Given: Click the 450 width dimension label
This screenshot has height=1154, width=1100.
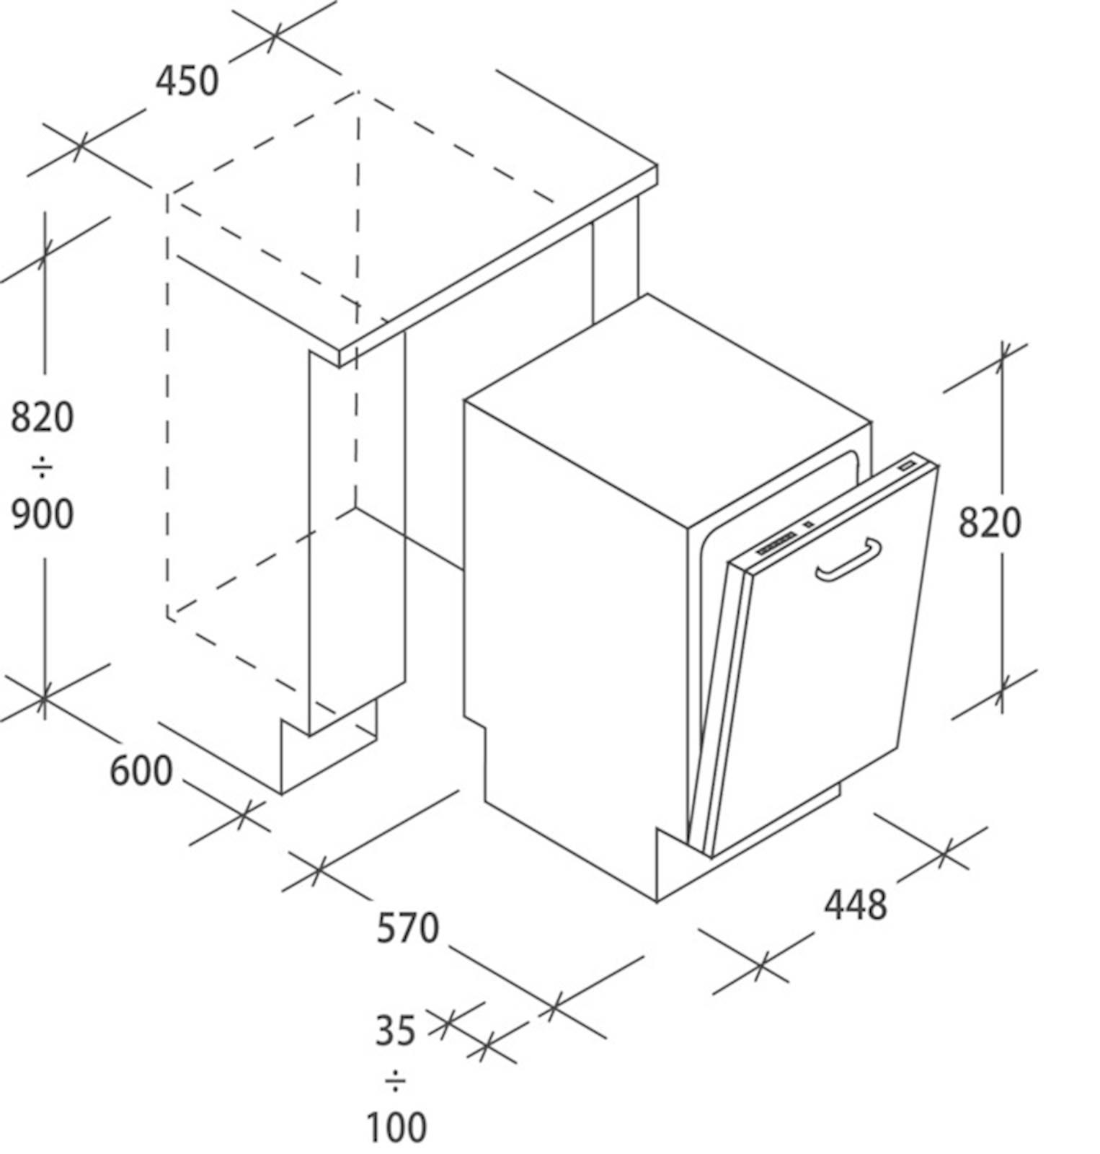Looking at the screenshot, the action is click(187, 81).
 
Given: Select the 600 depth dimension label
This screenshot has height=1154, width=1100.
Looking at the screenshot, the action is click(141, 771).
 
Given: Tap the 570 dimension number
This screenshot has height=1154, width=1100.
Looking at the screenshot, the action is click(407, 928).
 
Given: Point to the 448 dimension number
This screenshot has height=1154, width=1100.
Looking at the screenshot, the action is click(856, 905).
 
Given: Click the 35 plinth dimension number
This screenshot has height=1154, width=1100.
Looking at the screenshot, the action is click(395, 1031).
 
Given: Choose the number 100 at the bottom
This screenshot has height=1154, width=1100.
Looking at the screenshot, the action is click(396, 1127).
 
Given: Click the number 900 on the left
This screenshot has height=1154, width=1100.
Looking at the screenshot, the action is click(42, 514).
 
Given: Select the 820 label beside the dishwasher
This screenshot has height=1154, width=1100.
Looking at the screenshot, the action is click(989, 523).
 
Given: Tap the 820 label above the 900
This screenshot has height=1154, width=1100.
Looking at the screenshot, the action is click(42, 417).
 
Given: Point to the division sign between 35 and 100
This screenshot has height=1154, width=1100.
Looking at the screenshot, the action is click(395, 1080).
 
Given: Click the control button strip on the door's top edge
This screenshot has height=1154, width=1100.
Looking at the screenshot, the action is click(776, 542).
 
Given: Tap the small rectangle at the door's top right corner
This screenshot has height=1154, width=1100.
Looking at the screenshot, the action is click(908, 465).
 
